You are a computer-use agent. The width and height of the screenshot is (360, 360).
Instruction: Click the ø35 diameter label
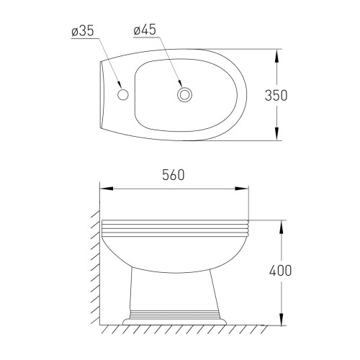(x=83, y=31)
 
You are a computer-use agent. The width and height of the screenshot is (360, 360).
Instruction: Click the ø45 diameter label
(x=145, y=30)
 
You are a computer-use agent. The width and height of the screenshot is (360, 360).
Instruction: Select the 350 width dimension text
(x=276, y=95)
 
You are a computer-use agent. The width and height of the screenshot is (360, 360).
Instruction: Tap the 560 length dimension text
(x=174, y=175)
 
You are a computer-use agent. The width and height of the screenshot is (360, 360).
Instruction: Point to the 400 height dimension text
(x=280, y=271)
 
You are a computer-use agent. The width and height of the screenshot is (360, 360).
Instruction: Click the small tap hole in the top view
(x=123, y=94)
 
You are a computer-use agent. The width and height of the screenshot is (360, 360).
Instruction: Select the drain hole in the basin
(x=184, y=94)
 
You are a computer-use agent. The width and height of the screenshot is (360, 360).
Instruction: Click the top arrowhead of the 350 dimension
(x=276, y=56)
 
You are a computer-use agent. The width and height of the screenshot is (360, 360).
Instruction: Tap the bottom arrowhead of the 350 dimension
(x=276, y=133)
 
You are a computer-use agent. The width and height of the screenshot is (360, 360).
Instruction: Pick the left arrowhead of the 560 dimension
(x=107, y=189)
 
